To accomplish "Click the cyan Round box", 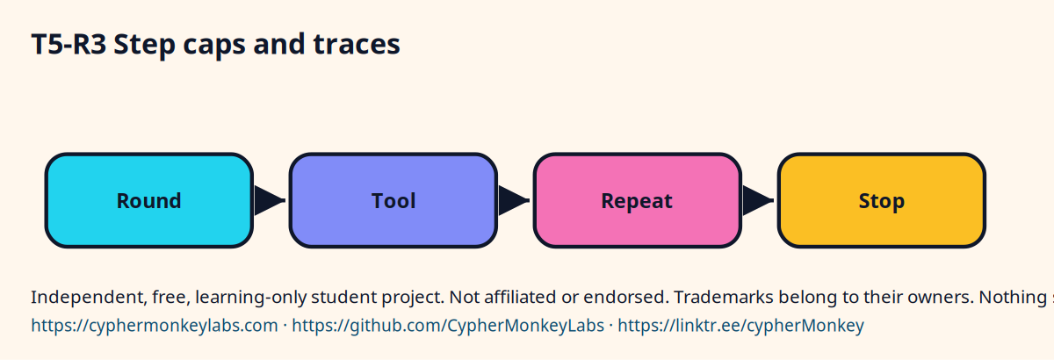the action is point(149,200).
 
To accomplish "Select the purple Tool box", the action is point(393,200).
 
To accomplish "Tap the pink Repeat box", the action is point(638,200).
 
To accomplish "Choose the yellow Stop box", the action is point(882,200).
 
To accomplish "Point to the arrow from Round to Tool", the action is point(271,200).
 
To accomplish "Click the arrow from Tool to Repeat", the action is point(515,200).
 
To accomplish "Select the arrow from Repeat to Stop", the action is point(759,200).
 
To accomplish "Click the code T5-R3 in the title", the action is point(69,45).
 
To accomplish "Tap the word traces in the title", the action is point(357,45).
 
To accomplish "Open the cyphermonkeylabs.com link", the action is point(155,326).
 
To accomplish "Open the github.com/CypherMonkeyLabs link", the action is point(448,326).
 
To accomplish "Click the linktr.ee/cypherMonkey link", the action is point(741,326).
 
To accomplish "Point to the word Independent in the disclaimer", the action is point(89,298).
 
